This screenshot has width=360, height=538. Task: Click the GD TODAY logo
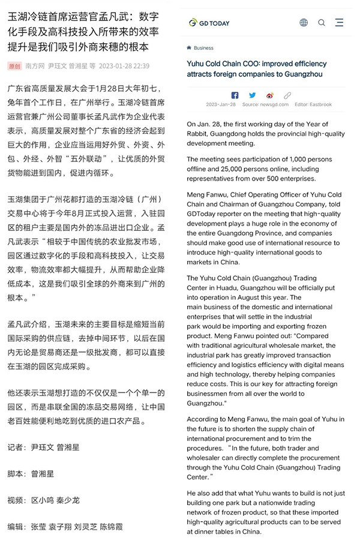[209, 23]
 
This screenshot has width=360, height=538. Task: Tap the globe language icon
[304, 23]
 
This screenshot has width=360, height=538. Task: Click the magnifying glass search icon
[322, 23]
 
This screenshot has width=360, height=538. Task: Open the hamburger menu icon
[340, 23]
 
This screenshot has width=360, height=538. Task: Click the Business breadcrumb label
[203, 48]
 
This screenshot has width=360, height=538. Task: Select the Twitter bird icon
[252, 95]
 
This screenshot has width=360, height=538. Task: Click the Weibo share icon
[270, 95]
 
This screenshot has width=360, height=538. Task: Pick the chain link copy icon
[287, 95]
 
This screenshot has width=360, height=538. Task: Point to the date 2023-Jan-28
[221, 104]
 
